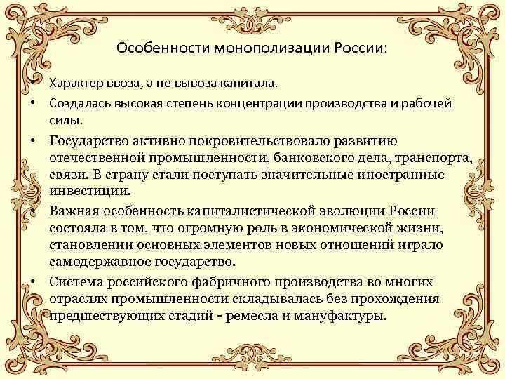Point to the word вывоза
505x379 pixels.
click(199, 84)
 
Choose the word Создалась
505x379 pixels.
click(76, 103)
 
